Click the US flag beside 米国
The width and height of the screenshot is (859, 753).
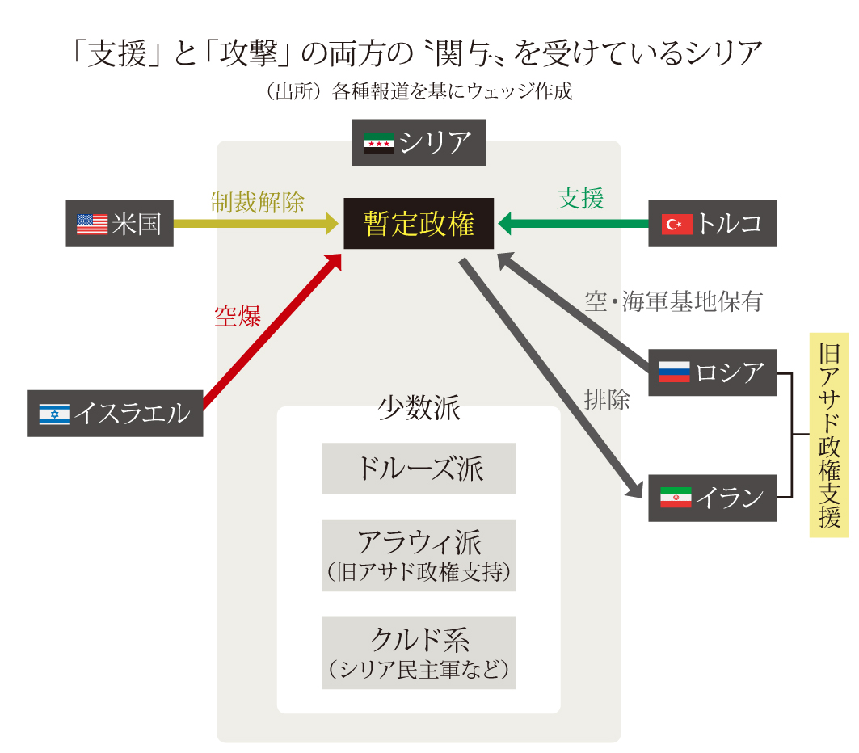[x=92, y=224]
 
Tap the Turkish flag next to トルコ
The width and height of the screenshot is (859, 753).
[x=676, y=224]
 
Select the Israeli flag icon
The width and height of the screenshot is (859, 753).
[x=55, y=414]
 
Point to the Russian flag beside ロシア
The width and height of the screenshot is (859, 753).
[x=674, y=372]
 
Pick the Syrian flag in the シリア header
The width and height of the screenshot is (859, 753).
[x=378, y=142]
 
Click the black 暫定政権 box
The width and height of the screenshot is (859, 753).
[x=419, y=224]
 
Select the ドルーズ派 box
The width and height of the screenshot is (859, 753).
[x=419, y=469]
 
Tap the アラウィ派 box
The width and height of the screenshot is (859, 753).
[x=419, y=555]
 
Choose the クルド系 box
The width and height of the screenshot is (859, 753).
[x=419, y=653]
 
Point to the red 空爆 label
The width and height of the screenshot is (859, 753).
[x=238, y=317]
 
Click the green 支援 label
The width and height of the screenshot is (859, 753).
[x=580, y=198]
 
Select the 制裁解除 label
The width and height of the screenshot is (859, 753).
[x=257, y=201]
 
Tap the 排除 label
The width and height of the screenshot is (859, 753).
[x=606, y=399]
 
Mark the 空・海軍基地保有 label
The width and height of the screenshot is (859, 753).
[x=673, y=301]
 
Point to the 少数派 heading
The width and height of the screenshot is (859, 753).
[x=419, y=409]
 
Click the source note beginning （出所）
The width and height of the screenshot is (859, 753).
[x=419, y=91]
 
